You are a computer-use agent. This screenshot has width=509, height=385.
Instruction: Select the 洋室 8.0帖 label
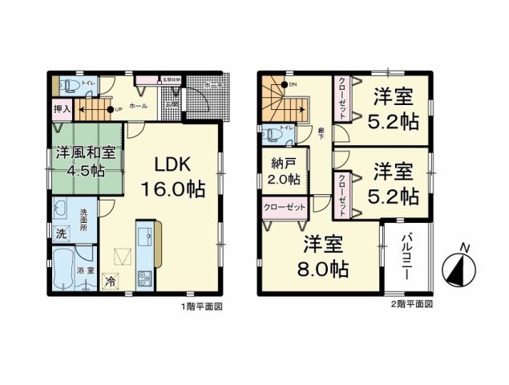325,257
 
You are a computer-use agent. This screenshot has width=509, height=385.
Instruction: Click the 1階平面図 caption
201,306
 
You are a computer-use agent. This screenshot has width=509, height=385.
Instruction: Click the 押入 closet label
62,107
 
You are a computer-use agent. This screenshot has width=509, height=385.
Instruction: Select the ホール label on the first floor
136,105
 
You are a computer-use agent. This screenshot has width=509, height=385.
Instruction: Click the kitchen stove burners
144,279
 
